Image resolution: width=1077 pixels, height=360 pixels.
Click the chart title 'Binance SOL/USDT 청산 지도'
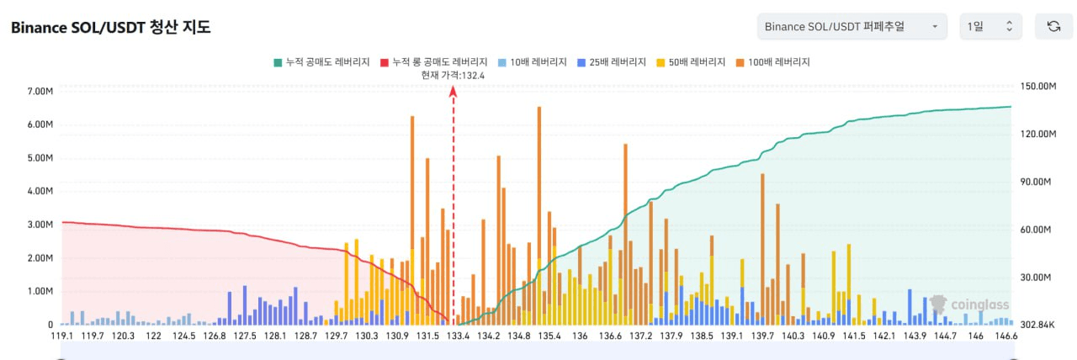(110, 28)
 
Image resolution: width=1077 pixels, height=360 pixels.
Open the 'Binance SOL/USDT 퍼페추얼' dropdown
(852, 26)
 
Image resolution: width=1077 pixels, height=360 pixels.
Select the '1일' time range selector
(990, 26)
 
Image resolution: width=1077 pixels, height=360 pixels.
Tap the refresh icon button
(1053, 26)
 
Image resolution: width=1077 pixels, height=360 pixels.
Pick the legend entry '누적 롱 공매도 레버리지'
(433, 62)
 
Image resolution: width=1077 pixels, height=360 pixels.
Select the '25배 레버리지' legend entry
(612, 62)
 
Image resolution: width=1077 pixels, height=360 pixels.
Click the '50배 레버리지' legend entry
(691, 62)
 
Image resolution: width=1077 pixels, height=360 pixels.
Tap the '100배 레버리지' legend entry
(772, 62)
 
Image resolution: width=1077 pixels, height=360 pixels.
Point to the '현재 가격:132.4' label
(453, 75)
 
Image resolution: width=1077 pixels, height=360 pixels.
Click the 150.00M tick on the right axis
(1037, 87)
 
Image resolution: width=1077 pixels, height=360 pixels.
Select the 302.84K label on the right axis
(1037, 325)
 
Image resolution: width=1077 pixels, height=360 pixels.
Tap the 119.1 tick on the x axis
(61, 336)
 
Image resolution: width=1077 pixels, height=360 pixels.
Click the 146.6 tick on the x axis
(1005, 336)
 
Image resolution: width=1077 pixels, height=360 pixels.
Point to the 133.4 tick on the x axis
(458, 336)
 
